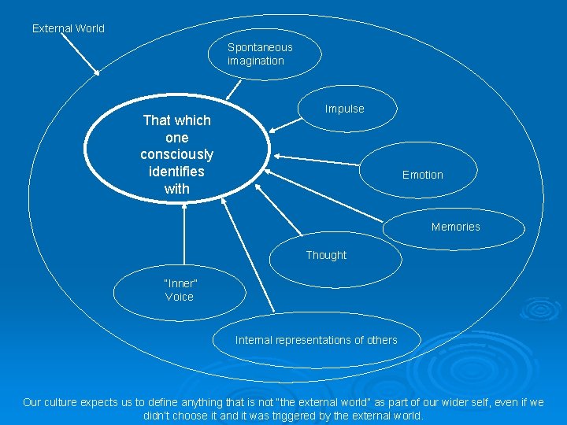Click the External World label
pos(68,28)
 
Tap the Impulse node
pos(345,109)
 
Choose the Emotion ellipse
pos(422,175)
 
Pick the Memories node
pos(455,227)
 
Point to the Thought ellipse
pos(326,255)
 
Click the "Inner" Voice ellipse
pos(180,290)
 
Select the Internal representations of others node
pos(316,340)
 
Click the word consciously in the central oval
pos(176,154)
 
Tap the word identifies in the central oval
pos(176,172)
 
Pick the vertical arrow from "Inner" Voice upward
pos(183,236)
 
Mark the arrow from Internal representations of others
pos(248,257)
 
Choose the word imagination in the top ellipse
pos(255,61)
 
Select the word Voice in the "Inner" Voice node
pos(180,297)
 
